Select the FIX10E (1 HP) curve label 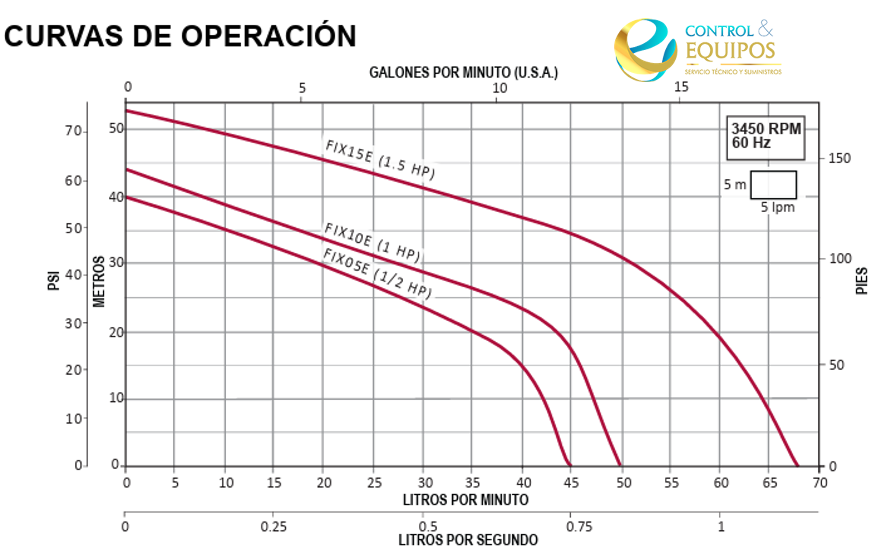coord(372,242)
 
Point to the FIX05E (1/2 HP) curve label coord(377,272)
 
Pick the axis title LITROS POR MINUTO coord(465,500)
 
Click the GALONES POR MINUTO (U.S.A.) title coord(463,73)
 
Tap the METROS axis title coord(98,282)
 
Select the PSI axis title coord(54,281)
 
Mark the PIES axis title coord(862,281)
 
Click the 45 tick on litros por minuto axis coord(571,483)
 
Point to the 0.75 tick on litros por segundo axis coord(579,527)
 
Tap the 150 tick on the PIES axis coord(839,158)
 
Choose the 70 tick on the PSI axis coord(73,131)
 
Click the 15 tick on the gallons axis coord(681,87)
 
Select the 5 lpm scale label coord(777,207)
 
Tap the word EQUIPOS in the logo coord(730,51)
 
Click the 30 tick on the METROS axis coord(116,262)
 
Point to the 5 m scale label coord(735,185)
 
